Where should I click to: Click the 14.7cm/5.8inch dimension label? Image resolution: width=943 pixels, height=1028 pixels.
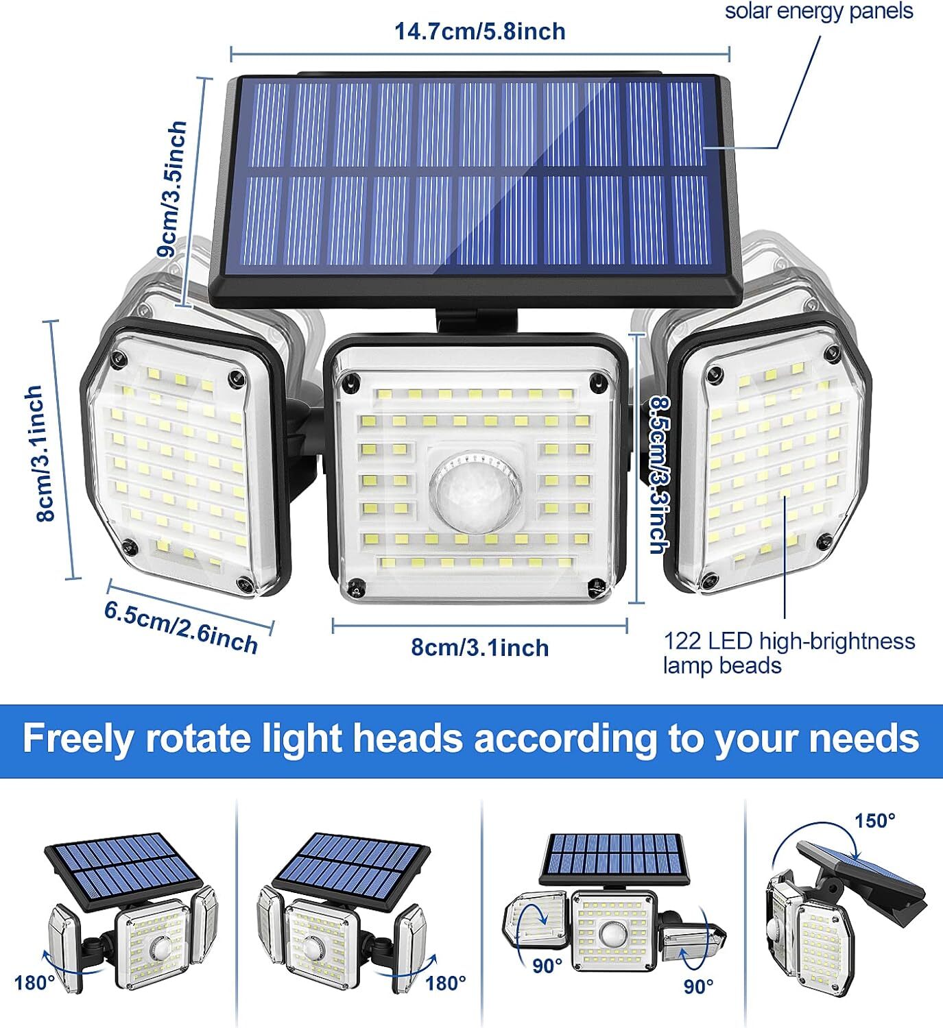point(479,31)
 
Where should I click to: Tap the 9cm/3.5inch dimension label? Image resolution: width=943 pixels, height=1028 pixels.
point(172,189)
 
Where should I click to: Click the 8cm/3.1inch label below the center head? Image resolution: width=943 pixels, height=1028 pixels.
point(479,648)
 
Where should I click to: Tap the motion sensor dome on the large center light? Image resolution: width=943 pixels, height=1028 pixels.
point(475,489)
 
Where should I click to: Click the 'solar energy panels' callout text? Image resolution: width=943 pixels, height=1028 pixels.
point(819,11)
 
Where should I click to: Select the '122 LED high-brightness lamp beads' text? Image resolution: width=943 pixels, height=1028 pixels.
point(789,653)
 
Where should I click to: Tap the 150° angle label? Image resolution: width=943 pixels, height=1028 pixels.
point(874,820)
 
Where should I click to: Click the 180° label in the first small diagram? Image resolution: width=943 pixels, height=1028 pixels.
point(34,983)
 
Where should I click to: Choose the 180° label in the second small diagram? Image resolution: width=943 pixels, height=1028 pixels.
point(446,983)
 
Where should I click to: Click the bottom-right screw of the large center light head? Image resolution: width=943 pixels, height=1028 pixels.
point(595,587)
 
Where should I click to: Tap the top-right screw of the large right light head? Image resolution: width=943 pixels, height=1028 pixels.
point(833,354)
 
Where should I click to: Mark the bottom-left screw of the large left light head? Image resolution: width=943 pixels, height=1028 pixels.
point(127,546)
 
